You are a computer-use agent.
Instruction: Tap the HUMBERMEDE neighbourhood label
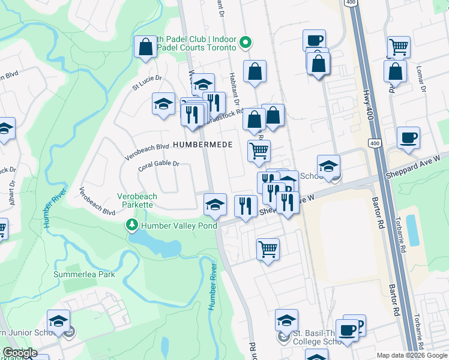click(x=202, y=145)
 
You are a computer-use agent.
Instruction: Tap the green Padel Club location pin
click(x=245, y=43)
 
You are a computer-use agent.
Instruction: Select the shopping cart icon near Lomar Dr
click(x=398, y=47)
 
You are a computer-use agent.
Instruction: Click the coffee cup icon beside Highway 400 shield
click(x=408, y=137)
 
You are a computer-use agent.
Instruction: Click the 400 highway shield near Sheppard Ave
click(x=375, y=143)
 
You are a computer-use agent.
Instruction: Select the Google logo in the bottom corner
click(x=20, y=353)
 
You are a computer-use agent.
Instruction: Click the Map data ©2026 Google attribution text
click(x=411, y=355)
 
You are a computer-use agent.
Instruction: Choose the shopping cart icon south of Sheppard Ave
click(x=268, y=248)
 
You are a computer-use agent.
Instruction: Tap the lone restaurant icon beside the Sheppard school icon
click(x=245, y=206)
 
